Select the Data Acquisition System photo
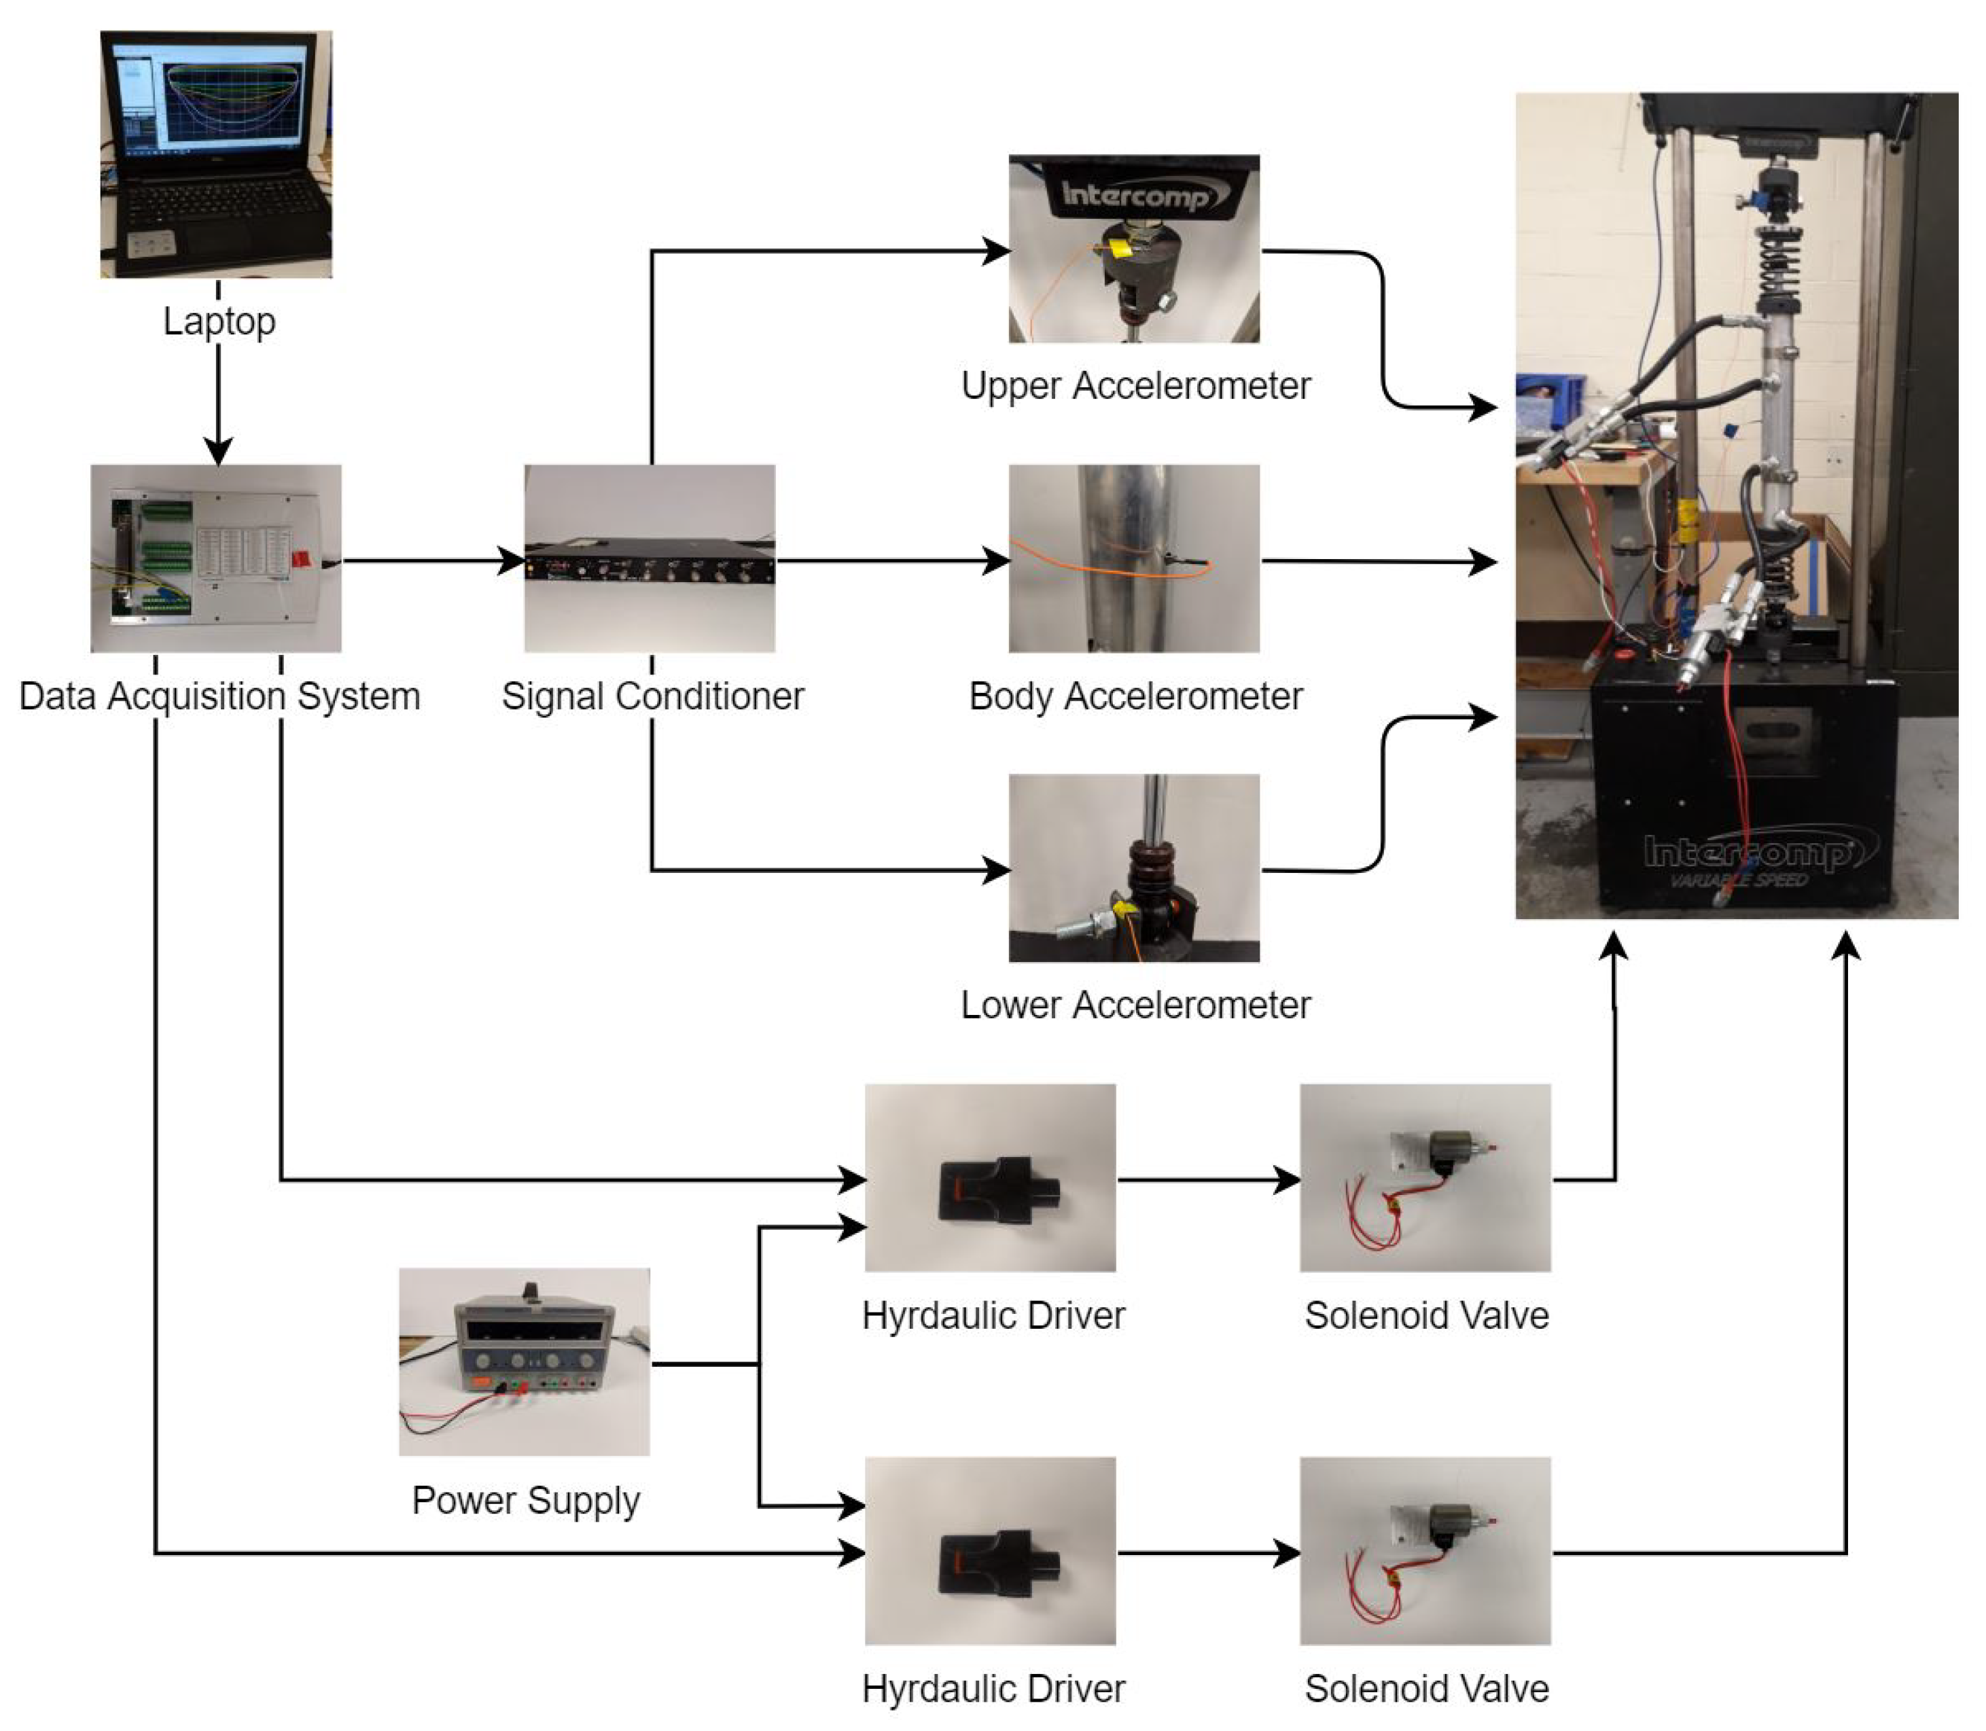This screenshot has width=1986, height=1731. click(x=215, y=558)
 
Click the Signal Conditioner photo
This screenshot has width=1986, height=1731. click(x=649, y=558)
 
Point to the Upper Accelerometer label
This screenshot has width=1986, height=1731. click(x=1135, y=385)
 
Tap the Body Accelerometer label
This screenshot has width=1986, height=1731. click(x=1135, y=696)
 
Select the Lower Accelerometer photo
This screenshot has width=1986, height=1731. click(x=1134, y=868)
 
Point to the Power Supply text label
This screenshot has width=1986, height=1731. click(x=525, y=1500)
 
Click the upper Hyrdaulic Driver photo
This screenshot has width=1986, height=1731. click(x=990, y=1177)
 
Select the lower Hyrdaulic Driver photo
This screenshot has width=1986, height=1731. click(x=990, y=1550)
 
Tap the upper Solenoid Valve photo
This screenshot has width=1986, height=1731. click(x=1425, y=1177)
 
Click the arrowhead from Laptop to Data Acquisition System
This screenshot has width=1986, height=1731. click(x=218, y=450)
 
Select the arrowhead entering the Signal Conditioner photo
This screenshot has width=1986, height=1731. click(x=511, y=560)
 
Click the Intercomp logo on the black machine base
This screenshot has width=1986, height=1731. click(x=1748, y=852)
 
